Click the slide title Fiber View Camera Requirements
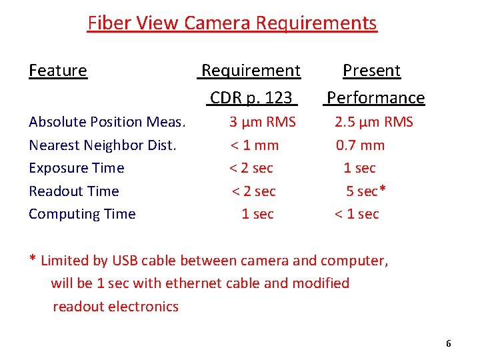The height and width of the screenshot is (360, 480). [x=232, y=23]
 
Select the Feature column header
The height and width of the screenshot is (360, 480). [x=58, y=71]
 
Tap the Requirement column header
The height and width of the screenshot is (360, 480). [x=251, y=71]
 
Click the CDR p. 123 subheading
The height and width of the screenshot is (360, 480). [x=251, y=98]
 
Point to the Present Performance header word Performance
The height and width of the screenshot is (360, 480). [x=375, y=98]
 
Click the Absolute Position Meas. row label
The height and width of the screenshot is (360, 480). [x=107, y=122]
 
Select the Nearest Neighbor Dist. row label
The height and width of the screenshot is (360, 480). [x=103, y=145]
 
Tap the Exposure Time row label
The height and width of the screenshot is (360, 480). [x=76, y=168]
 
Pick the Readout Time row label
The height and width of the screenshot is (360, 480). [x=73, y=191]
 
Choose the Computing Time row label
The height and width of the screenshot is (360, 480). [x=82, y=214]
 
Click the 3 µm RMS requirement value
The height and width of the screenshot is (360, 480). [x=262, y=122]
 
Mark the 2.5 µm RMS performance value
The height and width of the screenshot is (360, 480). [x=373, y=122]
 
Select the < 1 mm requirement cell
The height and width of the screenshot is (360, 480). [x=255, y=145]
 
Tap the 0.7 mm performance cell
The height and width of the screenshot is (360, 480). [x=360, y=145]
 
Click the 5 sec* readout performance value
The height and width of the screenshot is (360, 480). [x=366, y=191]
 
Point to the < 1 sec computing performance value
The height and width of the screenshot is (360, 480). [x=356, y=214]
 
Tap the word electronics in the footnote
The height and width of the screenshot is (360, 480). [x=146, y=307]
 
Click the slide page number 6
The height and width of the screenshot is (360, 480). [x=448, y=344]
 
